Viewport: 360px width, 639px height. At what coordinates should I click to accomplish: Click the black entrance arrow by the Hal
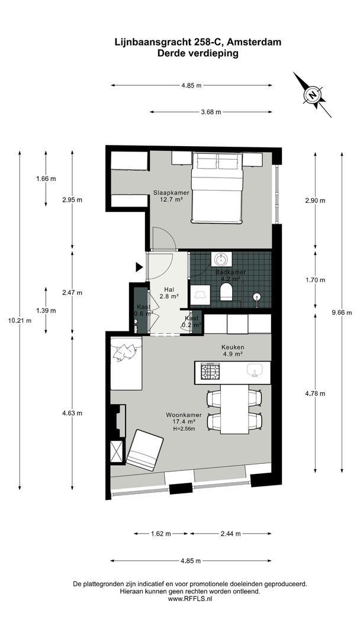pyautogui.click(x=139, y=267)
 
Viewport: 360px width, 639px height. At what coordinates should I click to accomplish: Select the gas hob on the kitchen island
pyautogui.click(x=210, y=372)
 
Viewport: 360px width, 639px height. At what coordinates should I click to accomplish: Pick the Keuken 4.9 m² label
pyautogui.click(x=233, y=351)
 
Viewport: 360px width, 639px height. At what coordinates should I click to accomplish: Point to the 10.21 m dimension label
pyautogui.click(x=20, y=320)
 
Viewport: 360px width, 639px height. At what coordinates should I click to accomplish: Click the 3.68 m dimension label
pyautogui.click(x=211, y=112)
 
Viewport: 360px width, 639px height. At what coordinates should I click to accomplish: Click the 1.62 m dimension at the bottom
pyautogui.click(x=161, y=534)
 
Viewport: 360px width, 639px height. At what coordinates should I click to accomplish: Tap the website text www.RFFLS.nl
pyautogui.click(x=190, y=599)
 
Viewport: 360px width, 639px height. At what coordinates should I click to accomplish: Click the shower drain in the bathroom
pyautogui.click(x=257, y=296)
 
